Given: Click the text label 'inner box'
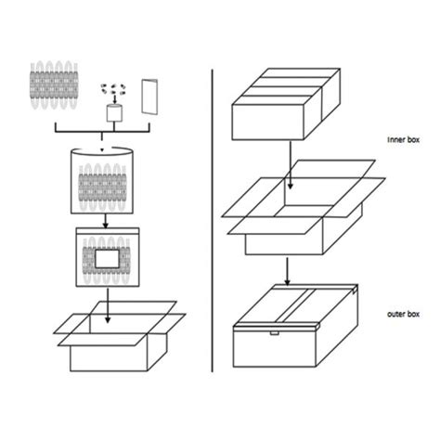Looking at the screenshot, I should [403, 142].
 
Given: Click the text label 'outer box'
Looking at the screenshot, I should [404, 315].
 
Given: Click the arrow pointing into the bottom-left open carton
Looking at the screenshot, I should [108, 305].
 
